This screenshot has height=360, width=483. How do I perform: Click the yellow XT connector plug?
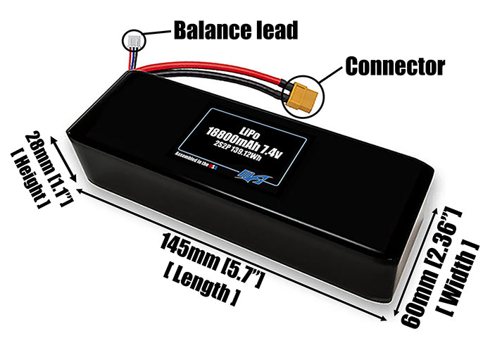[x=301, y=97]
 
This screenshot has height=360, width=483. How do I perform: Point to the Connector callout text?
[x=395, y=66]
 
